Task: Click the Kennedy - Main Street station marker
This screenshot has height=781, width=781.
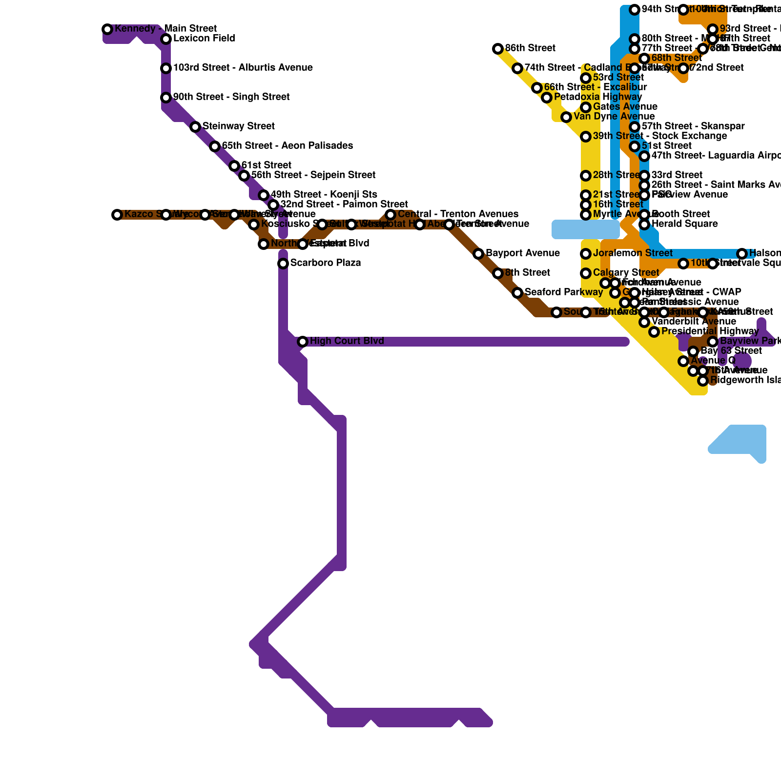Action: tap(107, 29)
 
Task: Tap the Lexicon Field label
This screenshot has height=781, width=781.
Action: tap(204, 39)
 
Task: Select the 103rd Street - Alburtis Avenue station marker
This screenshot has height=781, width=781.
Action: tap(166, 68)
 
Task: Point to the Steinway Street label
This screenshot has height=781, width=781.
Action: tap(238, 126)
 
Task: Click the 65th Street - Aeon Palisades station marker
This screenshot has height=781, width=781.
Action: tap(215, 146)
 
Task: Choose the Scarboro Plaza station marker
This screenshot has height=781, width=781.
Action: tap(283, 264)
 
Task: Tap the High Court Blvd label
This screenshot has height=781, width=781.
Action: tap(347, 341)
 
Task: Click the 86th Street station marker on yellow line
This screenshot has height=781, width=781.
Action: tap(498, 49)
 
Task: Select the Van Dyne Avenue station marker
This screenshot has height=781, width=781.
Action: tap(566, 117)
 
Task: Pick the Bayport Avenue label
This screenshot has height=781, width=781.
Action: tap(522, 253)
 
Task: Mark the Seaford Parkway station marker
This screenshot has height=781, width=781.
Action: tap(517, 293)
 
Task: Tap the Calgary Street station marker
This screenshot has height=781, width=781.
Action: tap(586, 273)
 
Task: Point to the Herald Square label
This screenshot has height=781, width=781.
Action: tap(684, 224)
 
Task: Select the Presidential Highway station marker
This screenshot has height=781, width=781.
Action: tap(654, 332)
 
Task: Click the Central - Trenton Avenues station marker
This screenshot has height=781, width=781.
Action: tap(390, 215)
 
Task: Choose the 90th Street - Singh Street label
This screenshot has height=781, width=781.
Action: tap(231, 97)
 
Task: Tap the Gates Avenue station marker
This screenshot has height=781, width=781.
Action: tap(586, 107)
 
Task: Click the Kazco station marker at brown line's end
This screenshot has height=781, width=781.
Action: tap(117, 215)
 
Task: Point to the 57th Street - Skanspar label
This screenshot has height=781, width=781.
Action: tap(693, 126)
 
